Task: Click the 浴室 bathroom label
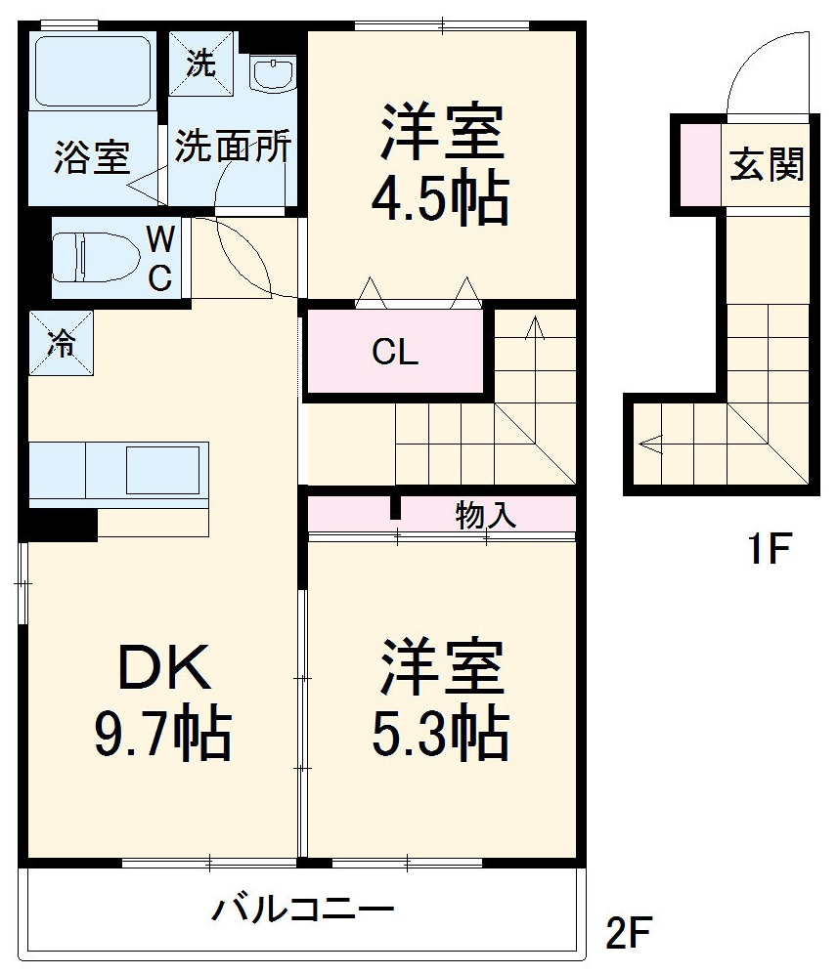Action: point(92,157)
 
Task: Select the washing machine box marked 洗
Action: point(200,65)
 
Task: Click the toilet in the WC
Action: point(88,256)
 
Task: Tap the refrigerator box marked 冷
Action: point(62,342)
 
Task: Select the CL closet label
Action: point(395,353)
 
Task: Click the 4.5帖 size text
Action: point(439,201)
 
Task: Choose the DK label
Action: point(163,671)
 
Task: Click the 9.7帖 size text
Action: point(162,735)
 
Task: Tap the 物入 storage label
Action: point(485,515)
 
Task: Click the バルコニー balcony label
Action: point(304,910)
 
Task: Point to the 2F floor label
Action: point(627,934)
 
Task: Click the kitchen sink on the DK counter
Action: point(161,469)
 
